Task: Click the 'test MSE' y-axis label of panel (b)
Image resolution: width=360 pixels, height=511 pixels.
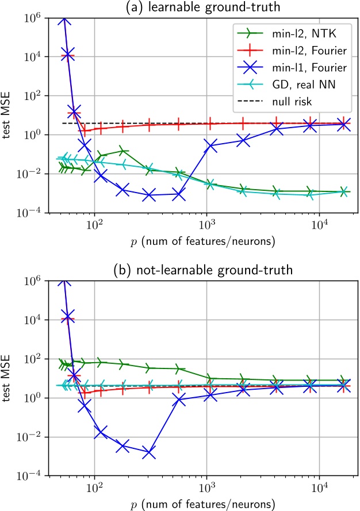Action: (x=9, y=378)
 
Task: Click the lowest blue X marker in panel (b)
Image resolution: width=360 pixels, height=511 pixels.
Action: (x=149, y=453)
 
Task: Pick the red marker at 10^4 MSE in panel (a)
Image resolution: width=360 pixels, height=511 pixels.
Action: (x=68, y=55)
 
